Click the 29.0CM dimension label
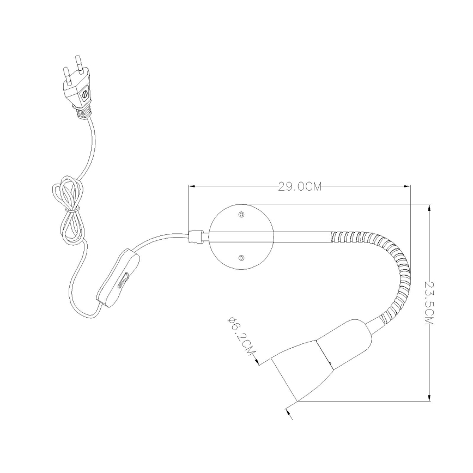300,187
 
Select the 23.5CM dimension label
429,302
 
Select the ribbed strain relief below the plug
82,112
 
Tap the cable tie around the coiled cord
72,209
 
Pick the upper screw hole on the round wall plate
241,215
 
